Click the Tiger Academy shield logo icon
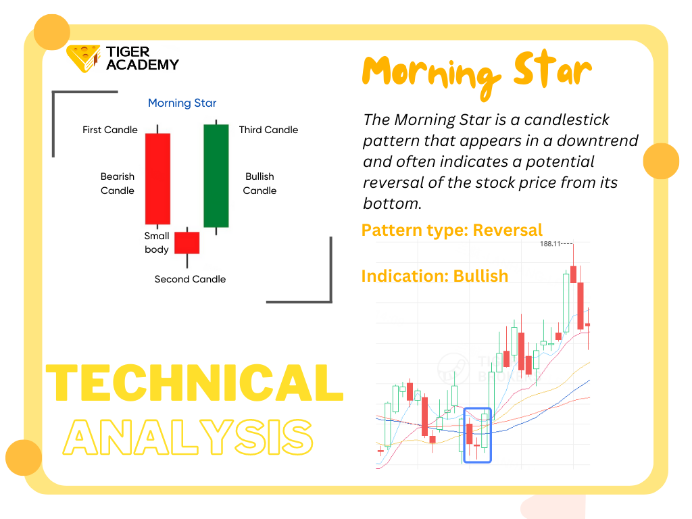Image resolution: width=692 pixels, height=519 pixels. pyautogui.click(x=83, y=58)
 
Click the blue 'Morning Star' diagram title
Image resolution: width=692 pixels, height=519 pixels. pyautogui.click(x=182, y=103)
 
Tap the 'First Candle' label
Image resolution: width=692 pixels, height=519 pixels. pyautogui.click(x=110, y=130)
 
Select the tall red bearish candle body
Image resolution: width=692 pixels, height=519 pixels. pyautogui.click(x=157, y=178)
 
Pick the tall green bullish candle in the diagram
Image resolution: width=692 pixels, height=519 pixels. pyautogui.click(x=216, y=176)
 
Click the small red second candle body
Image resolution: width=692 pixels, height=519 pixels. pyautogui.click(x=187, y=243)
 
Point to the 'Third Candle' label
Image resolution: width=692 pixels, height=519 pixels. pyautogui.click(x=268, y=130)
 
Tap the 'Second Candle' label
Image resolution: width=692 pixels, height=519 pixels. pyautogui.click(x=190, y=279)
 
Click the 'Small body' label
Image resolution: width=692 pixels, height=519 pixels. pyautogui.click(x=157, y=243)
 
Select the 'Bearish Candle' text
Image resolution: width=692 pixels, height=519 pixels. pyautogui.click(x=118, y=184)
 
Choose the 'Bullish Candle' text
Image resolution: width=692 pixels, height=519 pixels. pyautogui.click(x=259, y=184)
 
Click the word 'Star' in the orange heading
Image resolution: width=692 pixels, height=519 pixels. pyautogui.click(x=553, y=70)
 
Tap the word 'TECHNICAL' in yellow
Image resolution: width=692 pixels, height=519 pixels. pyautogui.click(x=195, y=382)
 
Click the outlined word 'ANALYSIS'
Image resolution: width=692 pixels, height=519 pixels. pyautogui.click(x=188, y=437)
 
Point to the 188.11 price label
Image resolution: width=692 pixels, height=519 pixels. pyautogui.click(x=550, y=243)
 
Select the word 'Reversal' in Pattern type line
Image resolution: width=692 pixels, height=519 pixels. pyautogui.click(x=508, y=230)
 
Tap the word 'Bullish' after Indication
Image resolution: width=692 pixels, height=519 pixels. pyautogui.click(x=480, y=276)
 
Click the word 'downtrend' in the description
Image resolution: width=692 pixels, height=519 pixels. pyautogui.click(x=597, y=141)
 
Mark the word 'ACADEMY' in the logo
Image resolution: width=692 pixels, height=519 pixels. pyautogui.click(x=143, y=65)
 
